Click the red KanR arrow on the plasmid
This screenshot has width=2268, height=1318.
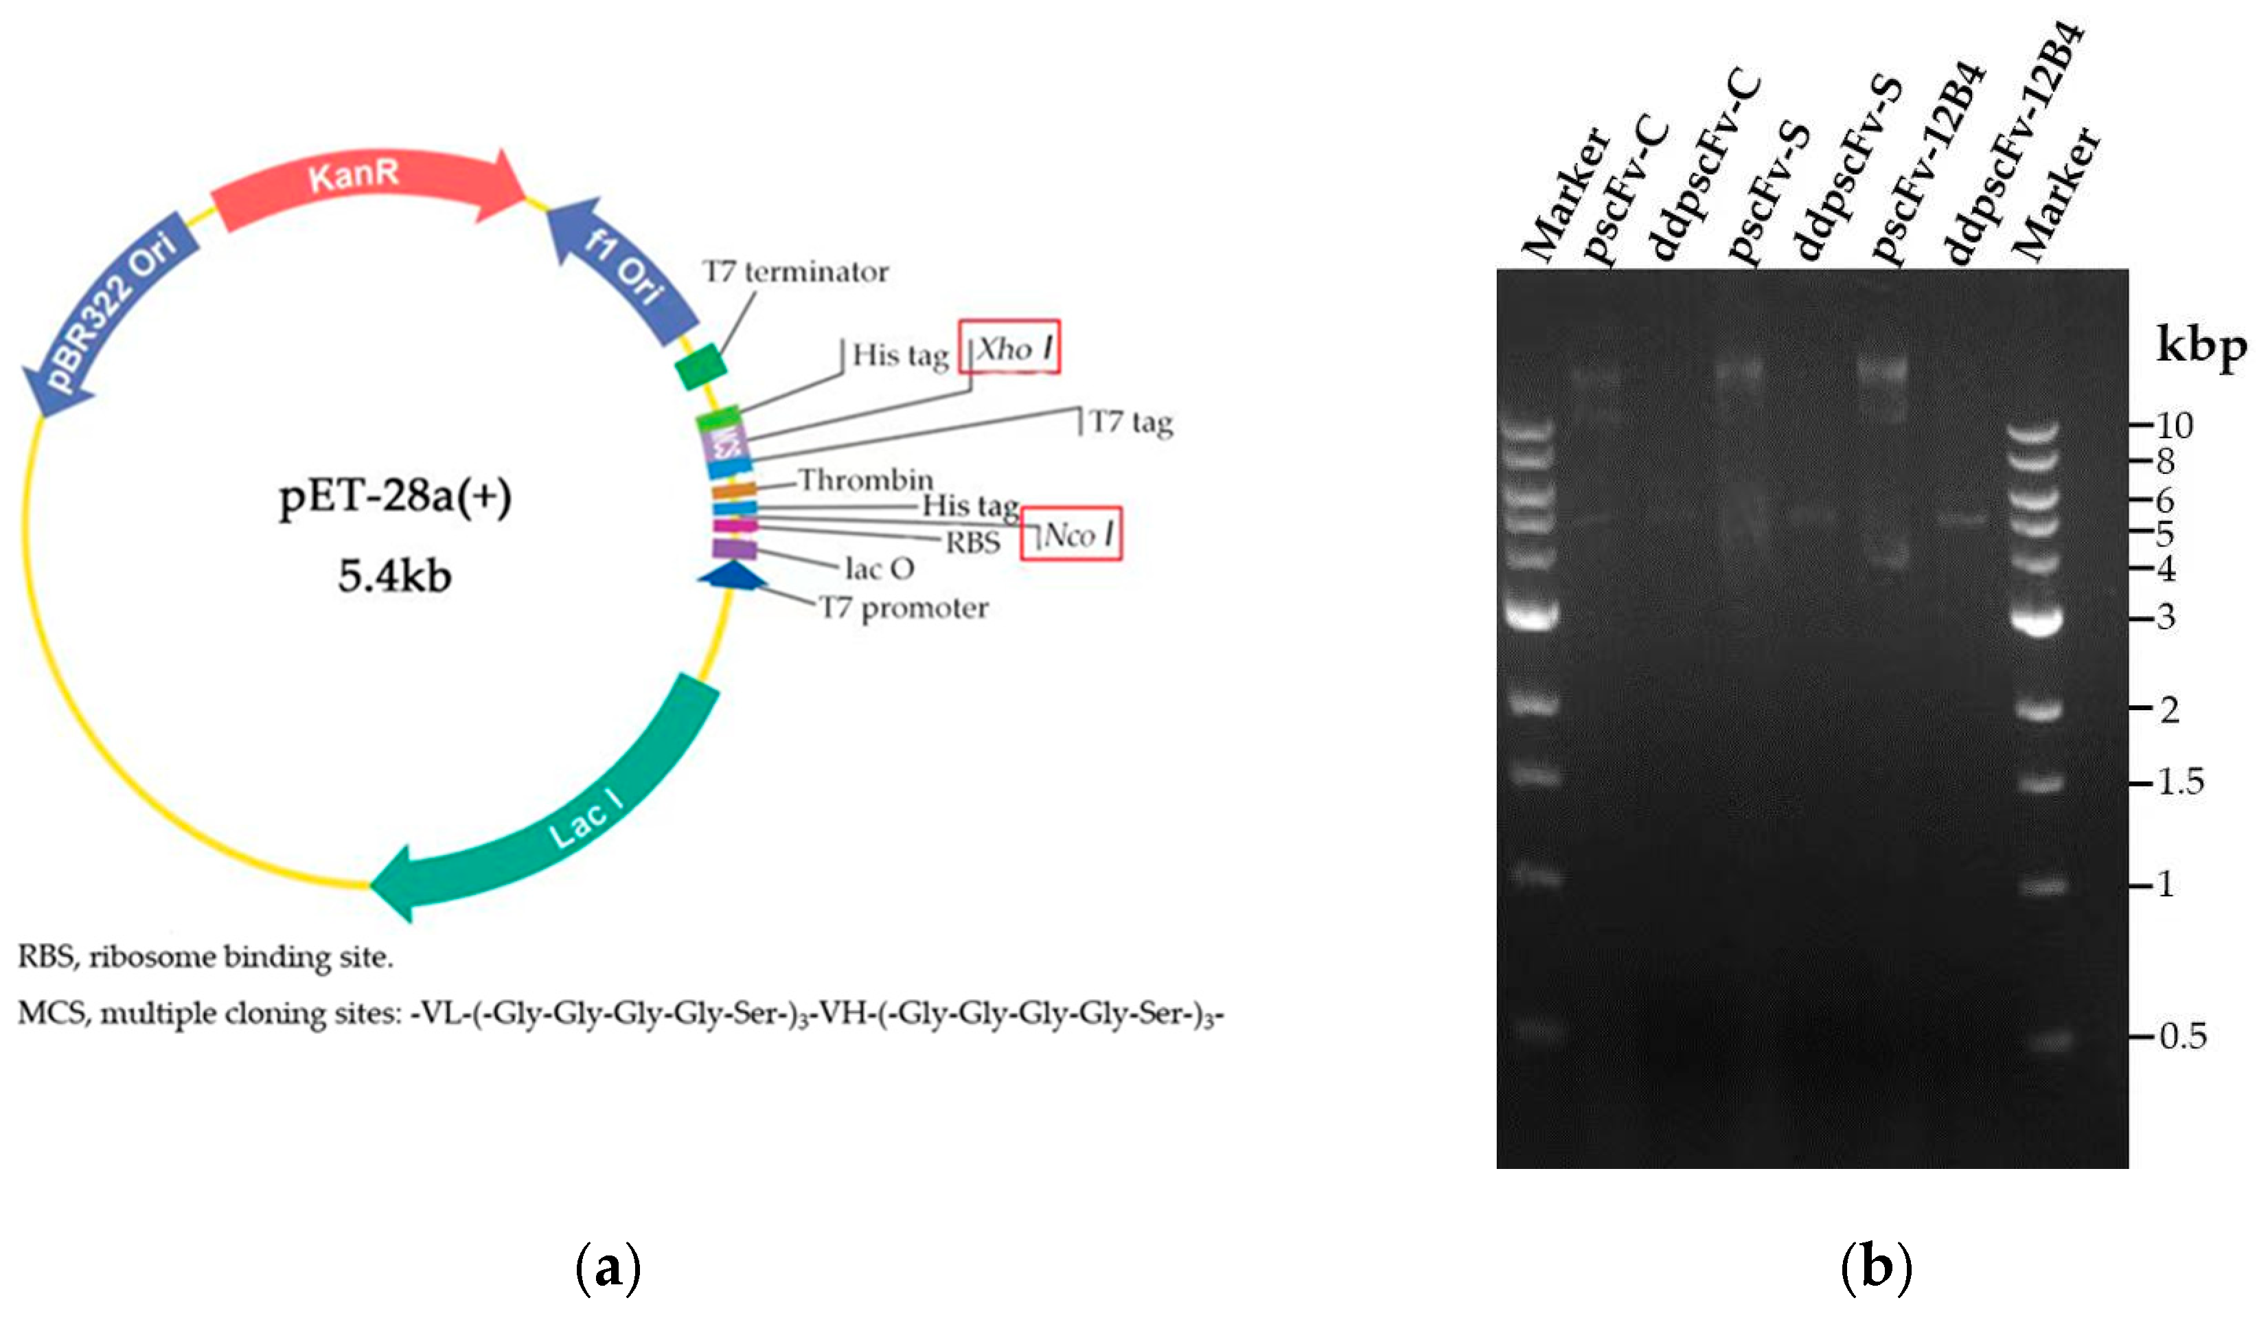(360, 185)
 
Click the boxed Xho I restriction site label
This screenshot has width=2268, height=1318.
(1009, 348)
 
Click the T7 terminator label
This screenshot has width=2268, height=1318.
(796, 271)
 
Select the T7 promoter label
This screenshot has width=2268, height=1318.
(903, 609)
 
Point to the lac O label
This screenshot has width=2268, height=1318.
(880, 568)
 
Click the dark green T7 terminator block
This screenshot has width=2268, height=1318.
(701, 366)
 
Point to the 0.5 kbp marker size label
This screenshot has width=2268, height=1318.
(2182, 1036)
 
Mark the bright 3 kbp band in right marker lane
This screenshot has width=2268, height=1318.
(2036, 620)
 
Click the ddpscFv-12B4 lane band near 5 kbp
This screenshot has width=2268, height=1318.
(1962, 519)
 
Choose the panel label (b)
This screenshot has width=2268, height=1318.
(1877, 1268)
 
